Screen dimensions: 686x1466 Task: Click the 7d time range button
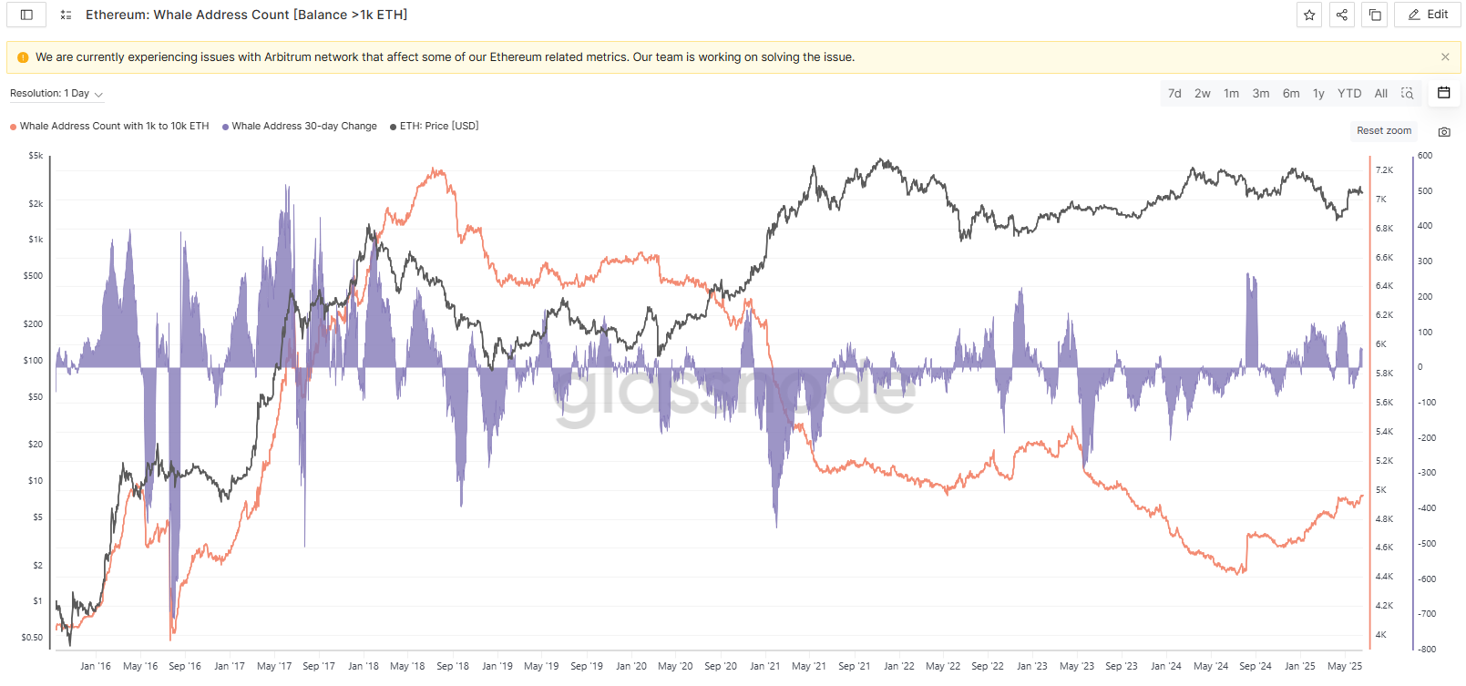coord(1174,94)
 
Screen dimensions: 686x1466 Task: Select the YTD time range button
coord(1348,94)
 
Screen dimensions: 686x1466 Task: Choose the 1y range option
coord(1318,94)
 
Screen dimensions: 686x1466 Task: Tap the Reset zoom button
coord(1383,131)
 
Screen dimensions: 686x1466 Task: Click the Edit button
coord(1428,15)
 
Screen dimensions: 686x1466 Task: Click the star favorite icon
coord(1309,15)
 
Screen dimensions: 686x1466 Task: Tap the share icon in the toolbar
coord(1342,15)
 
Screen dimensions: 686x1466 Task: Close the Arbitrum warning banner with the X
coord(1445,57)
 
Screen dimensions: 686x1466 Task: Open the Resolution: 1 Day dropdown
coord(56,94)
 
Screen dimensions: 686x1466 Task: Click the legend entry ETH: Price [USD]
coord(438,127)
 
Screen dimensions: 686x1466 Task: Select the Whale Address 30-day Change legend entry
coord(303,127)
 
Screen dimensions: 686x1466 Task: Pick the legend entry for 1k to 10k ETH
coord(114,127)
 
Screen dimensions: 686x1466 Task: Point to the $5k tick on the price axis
coord(36,156)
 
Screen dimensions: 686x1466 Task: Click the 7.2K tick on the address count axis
coord(1384,170)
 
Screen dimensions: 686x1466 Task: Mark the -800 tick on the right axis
coord(1427,650)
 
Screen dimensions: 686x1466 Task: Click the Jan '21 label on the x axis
coord(764,666)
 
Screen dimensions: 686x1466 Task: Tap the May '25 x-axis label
coord(1344,666)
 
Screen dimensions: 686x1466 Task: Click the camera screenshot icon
coord(1444,132)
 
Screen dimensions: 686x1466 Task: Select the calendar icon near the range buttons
coord(1444,93)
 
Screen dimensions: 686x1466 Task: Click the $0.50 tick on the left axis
coord(33,638)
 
